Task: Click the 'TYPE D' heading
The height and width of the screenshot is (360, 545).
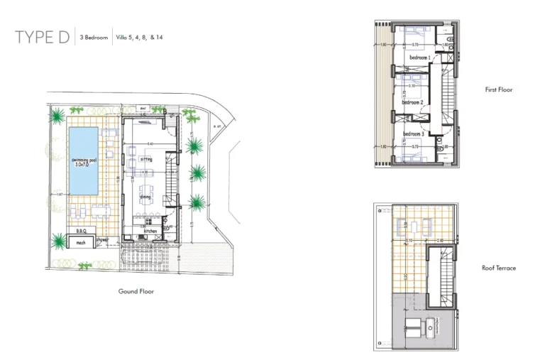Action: pyautogui.click(x=43, y=38)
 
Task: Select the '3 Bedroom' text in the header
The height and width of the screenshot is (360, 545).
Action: pyautogui.click(x=94, y=37)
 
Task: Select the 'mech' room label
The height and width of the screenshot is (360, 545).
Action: pyautogui.click(x=80, y=243)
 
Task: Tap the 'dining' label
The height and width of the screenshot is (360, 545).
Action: pyautogui.click(x=145, y=197)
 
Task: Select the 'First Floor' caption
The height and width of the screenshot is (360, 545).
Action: pyautogui.click(x=498, y=90)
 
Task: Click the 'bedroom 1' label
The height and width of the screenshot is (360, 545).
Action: pyautogui.click(x=420, y=57)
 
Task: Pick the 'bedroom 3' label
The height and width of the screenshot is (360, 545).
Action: pyautogui.click(x=414, y=133)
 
